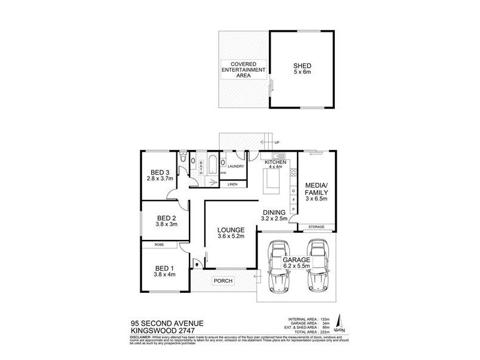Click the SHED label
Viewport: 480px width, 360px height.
click(x=302, y=66)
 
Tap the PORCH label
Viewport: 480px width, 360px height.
click(x=223, y=281)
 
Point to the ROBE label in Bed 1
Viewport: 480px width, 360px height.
click(x=159, y=245)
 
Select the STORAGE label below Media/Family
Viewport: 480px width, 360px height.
click(x=316, y=227)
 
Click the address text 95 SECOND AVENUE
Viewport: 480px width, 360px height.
click(x=167, y=323)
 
